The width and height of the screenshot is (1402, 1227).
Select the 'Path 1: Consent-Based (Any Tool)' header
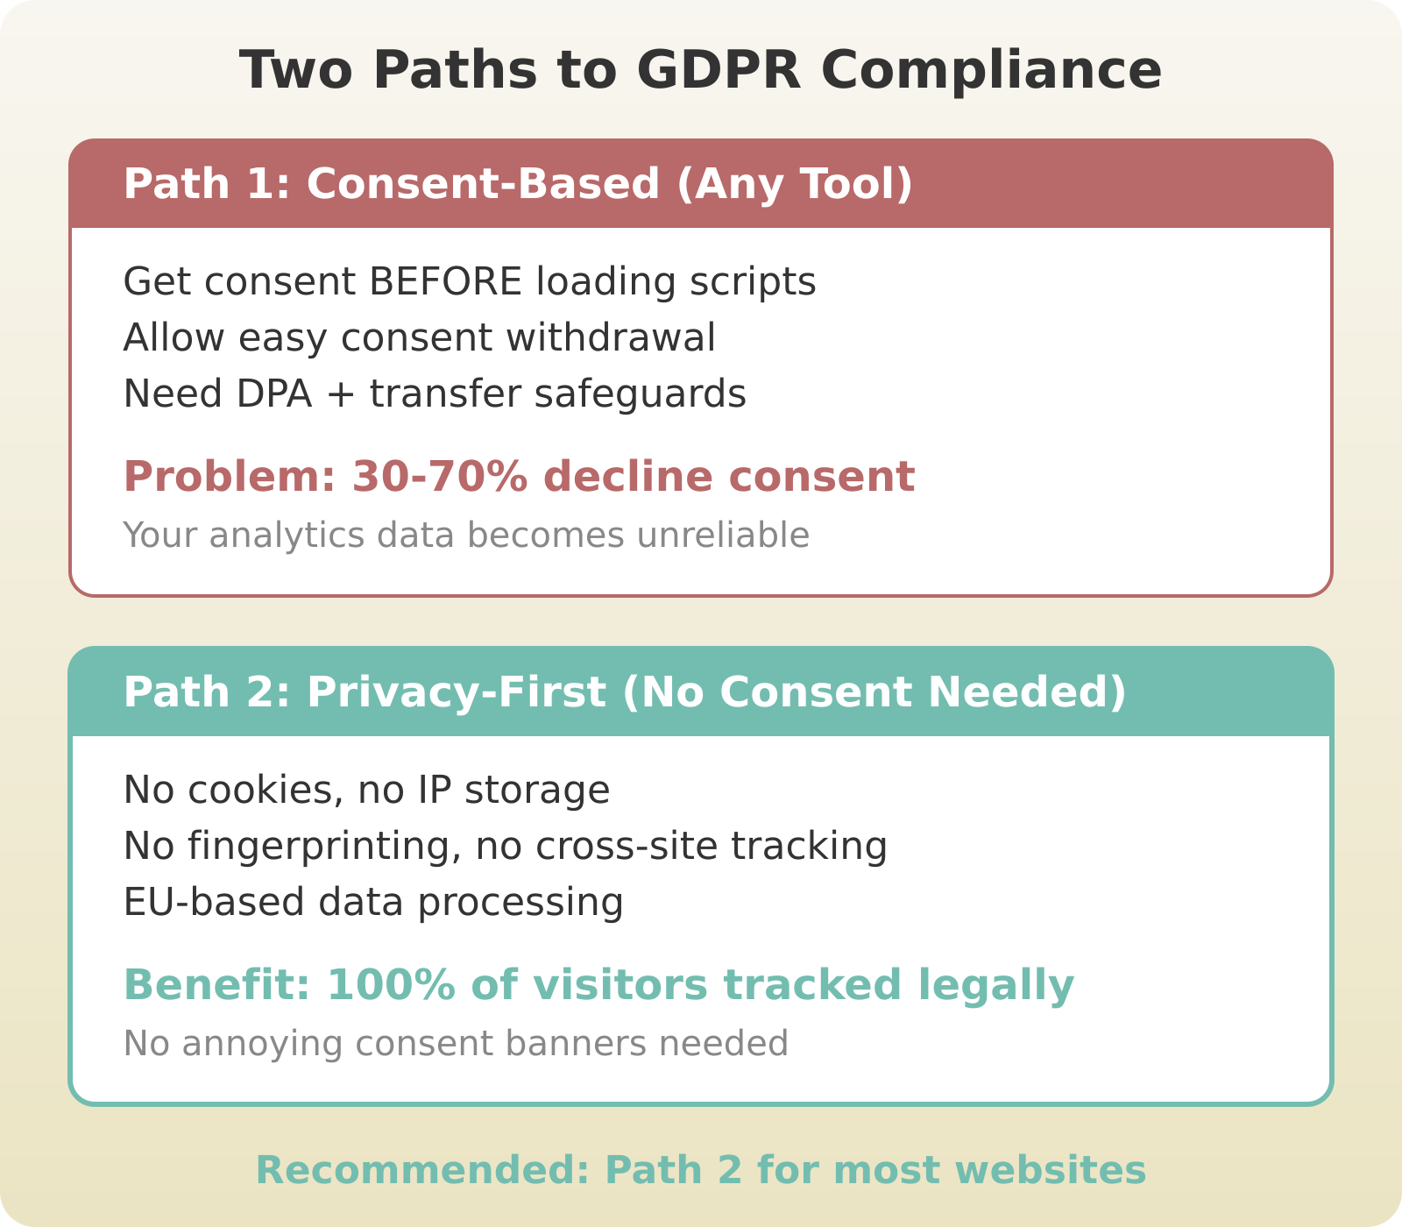[518, 184]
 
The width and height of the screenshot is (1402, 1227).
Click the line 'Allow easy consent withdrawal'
[419, 338]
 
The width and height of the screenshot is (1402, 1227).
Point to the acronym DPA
[274, 394]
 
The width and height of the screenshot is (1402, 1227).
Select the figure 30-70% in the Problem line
[440, 477]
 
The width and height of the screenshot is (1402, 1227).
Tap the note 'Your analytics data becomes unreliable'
[466, 535]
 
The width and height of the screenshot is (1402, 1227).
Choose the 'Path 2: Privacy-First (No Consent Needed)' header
[625, 692]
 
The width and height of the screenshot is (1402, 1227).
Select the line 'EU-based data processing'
[373, 903]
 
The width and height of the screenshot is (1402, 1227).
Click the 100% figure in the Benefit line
[391, 985]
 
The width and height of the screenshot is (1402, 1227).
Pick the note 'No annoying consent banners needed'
[456, 1044]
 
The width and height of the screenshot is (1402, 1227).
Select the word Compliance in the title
[991, 70]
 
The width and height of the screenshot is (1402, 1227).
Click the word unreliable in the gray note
[723, 535]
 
